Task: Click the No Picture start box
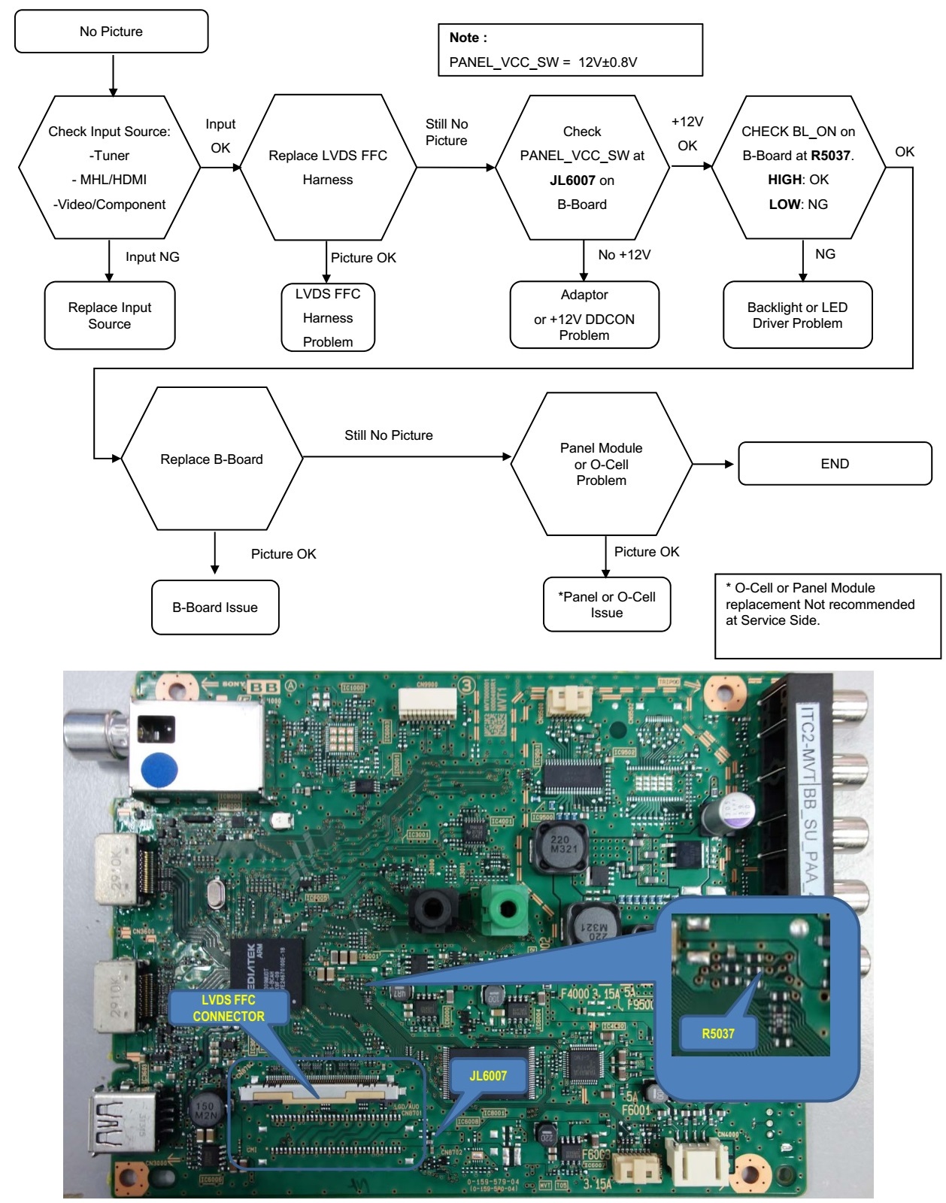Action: (x=111, y=32)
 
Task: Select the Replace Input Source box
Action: (x=110, y=316)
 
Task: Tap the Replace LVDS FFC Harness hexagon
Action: (x=328, y=167)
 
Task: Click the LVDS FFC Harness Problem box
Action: (x=328, y=317)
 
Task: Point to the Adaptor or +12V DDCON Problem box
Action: (x=584, y=315)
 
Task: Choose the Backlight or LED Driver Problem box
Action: (x=797, y=315)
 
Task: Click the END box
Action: (x=835, y=464)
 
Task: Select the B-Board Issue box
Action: (x=215, y=608)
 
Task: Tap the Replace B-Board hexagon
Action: (x=211, y=459)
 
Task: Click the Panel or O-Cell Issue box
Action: (x=607, y=605)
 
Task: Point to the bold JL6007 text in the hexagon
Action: (x=572, y=180)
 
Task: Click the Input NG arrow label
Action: (x=153, y=257)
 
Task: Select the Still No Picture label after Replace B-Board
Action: (x=389, y=435)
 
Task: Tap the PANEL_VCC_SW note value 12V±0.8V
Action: (x=608, y=62)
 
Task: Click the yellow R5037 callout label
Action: (x=718, y=1034)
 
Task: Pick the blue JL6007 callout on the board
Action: (x=488, y=1076)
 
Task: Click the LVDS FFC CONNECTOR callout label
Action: (x=229, y=1008)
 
